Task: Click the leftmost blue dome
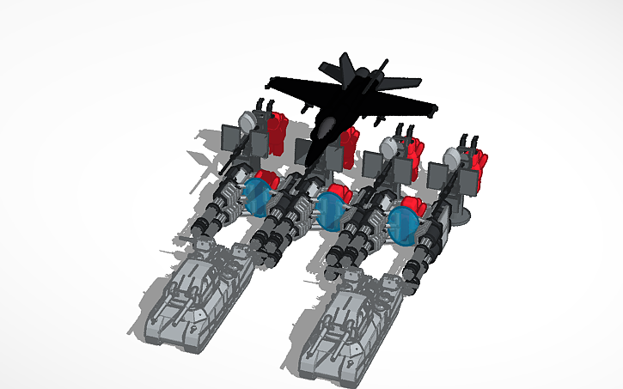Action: [256, 197]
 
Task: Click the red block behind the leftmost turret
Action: [276, 129]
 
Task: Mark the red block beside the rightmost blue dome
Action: [413, 207]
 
